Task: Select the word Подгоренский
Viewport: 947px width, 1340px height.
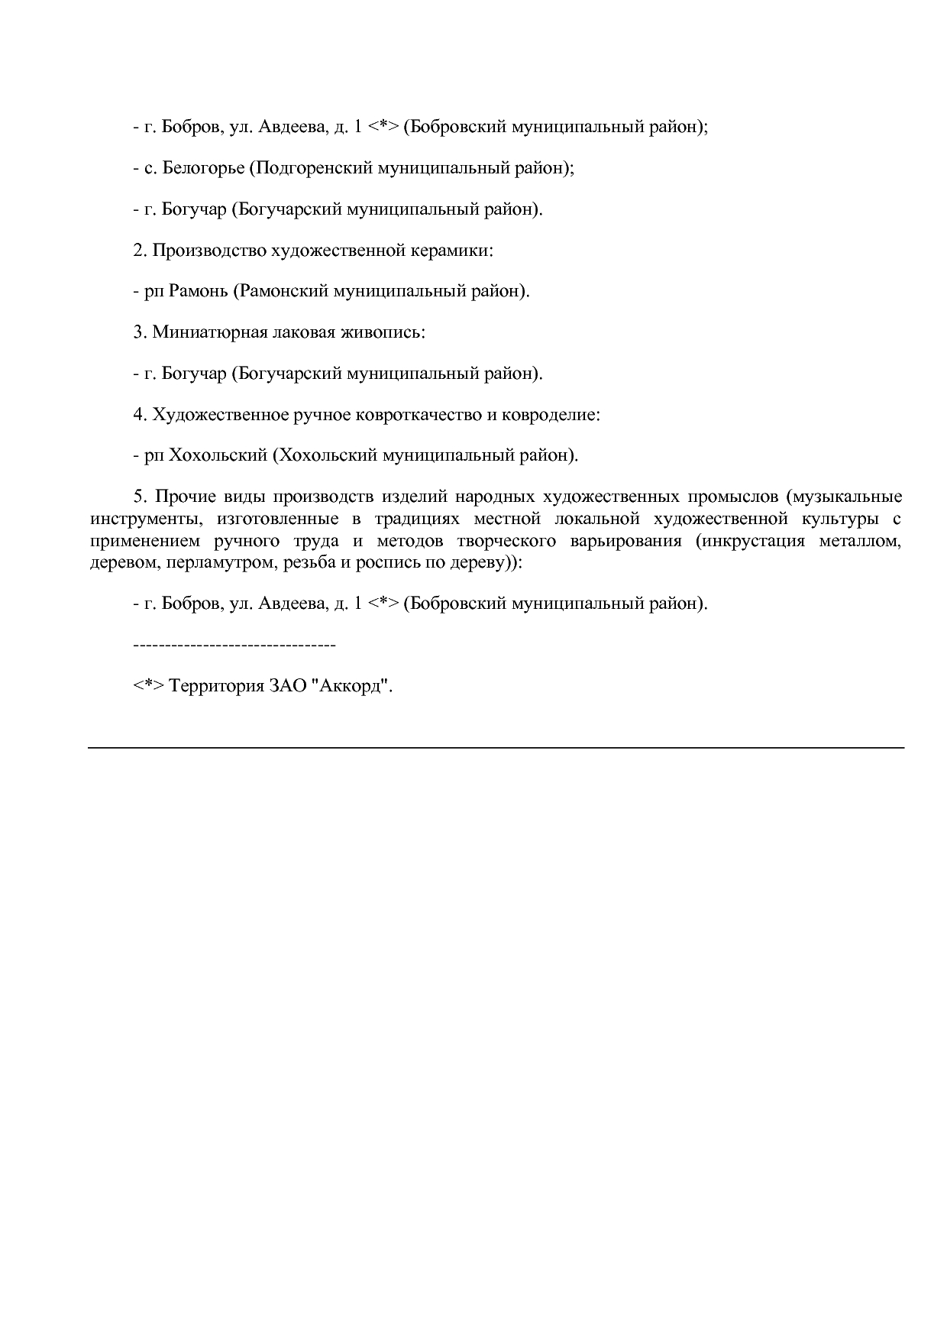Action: pyautogui.click(x=314, y=168)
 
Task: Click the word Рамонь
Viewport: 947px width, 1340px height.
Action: pyautogui.click(x=197, y=292)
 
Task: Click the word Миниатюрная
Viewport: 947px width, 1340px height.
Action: pyautogui.click(x=208, y=333)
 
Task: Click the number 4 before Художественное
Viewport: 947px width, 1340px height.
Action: pyautogui.click(x=138, y=415)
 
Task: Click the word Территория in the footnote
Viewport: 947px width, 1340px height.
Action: pyautogui.click(x=215, y=686)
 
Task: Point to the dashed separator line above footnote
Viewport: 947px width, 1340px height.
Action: pyautogui.click(x=234, y=646)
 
